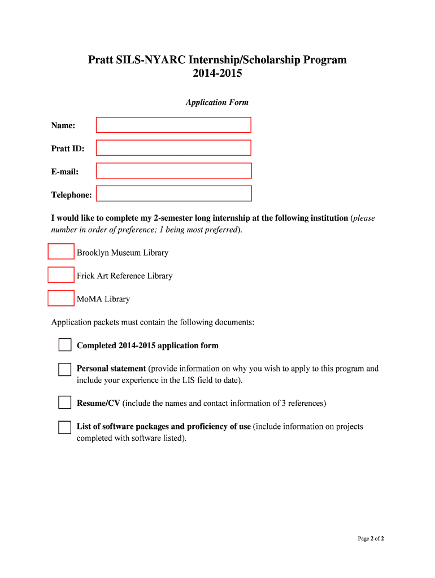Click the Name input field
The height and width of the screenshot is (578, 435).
pos(173,125)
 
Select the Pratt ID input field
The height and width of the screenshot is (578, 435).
pos(173,148)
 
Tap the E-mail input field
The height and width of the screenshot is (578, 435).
pos(173,170)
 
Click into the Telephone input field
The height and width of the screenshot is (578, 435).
pos(173,194)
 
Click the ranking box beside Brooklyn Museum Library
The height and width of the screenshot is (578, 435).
pos(61,252)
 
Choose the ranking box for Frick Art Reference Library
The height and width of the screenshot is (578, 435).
pos(61,275)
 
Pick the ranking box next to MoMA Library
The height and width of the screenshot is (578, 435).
pos(61,298)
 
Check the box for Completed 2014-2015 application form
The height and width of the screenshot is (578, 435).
pos(65,345)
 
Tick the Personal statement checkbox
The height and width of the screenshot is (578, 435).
pos(65,369)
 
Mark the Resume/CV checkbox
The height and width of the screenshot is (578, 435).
pos(65,403)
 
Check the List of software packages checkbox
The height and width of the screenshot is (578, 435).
pos(65,427)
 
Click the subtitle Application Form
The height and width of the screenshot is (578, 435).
pos(217,103)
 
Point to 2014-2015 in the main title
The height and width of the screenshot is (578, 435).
pos(217,74)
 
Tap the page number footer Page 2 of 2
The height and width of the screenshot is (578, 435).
pos(371,538)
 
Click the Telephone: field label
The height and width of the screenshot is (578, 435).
pos(72,195)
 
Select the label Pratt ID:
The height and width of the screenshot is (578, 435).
pos(68,148)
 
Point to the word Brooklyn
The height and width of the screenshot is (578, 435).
pos(93,253)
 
